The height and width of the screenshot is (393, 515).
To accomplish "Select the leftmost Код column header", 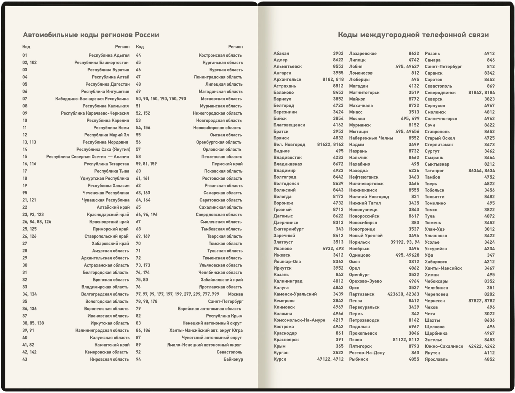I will pos(26,47).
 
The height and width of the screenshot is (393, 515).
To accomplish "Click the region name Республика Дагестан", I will pos(107,84).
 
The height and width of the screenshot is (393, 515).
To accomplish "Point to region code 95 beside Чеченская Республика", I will pos(25,193).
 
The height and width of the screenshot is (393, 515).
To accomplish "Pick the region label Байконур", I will pos(233,359).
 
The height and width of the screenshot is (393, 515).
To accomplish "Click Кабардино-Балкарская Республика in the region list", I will pos(92,99).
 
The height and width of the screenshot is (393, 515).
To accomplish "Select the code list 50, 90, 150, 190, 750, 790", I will pos(161,99).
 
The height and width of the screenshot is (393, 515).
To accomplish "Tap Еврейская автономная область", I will pos(209,308).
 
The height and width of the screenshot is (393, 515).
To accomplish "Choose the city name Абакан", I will pos(281,53).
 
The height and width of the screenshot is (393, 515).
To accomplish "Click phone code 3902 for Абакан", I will pos(338,53).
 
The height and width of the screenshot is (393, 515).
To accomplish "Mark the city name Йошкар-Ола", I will pos(287,262).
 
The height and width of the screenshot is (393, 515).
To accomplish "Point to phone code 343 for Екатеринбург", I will pos(339,229).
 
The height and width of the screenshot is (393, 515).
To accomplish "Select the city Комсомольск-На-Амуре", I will pos(299,320).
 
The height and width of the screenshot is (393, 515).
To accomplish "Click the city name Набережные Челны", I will pos(371,138).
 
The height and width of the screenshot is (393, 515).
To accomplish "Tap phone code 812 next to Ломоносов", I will pos(415,73).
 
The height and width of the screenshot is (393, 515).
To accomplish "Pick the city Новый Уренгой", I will pos(366,235).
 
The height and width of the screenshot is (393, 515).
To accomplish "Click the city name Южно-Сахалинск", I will pos(444,346).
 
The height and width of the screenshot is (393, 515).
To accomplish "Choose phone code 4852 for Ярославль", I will pos(489,359).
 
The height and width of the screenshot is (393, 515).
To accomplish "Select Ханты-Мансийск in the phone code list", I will pos(443,268).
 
